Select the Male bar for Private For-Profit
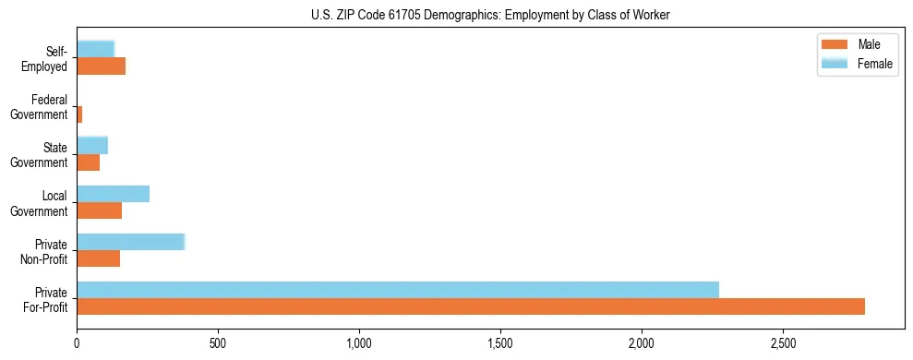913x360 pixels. pos(471,306)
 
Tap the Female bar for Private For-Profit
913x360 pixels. pos(398,290)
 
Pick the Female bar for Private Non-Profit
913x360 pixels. pos(131,242)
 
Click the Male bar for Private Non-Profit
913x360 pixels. pos(99,258)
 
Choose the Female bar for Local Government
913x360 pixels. pos(114,194)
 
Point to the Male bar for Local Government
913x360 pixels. pos(100,210)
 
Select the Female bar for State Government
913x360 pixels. pos(92,145)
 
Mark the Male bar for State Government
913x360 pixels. pos(89,162)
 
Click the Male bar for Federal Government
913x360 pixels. pos(80,114)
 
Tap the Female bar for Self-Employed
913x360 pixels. pos(96,49)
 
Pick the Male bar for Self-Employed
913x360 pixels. pos(102,66)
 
